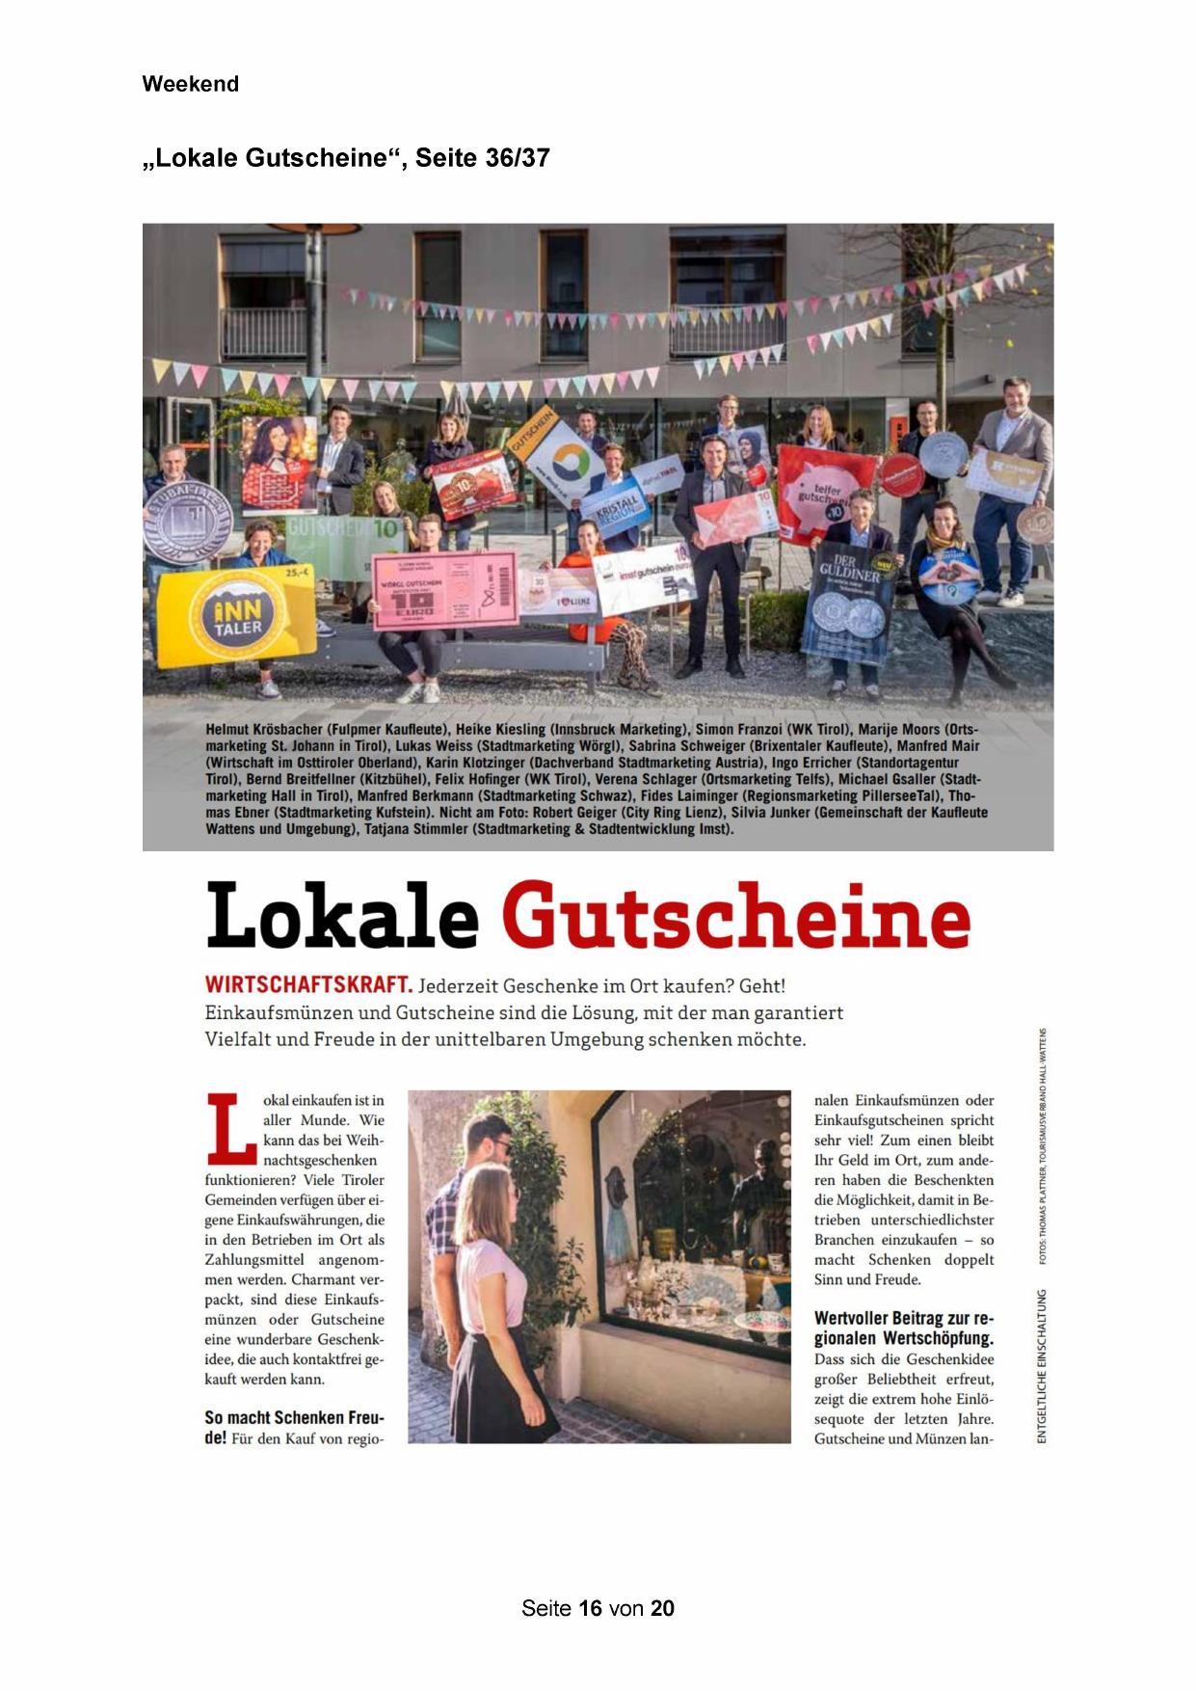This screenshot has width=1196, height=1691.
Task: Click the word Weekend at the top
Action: coord(190,84)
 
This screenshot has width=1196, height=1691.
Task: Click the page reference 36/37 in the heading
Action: coord(518,158)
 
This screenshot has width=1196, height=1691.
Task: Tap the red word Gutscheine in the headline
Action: coord(735,916)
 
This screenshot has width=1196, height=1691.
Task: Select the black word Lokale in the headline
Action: coord(342,916)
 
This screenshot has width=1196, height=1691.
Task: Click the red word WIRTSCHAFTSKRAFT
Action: coord(308,985)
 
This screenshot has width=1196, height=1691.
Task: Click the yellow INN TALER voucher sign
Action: coord(236,615)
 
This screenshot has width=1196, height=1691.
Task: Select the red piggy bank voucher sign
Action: coord(825,492)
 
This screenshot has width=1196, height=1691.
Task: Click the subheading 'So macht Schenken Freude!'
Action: coord(294,1427)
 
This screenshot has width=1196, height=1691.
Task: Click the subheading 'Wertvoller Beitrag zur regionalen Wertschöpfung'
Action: coord(903,1328)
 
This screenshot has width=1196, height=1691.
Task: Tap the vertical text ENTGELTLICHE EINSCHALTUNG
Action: coord(1040,1366)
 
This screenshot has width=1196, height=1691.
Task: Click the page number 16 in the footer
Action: coord(591,1608)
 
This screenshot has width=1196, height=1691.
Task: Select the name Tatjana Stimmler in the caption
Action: coord(413,829)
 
